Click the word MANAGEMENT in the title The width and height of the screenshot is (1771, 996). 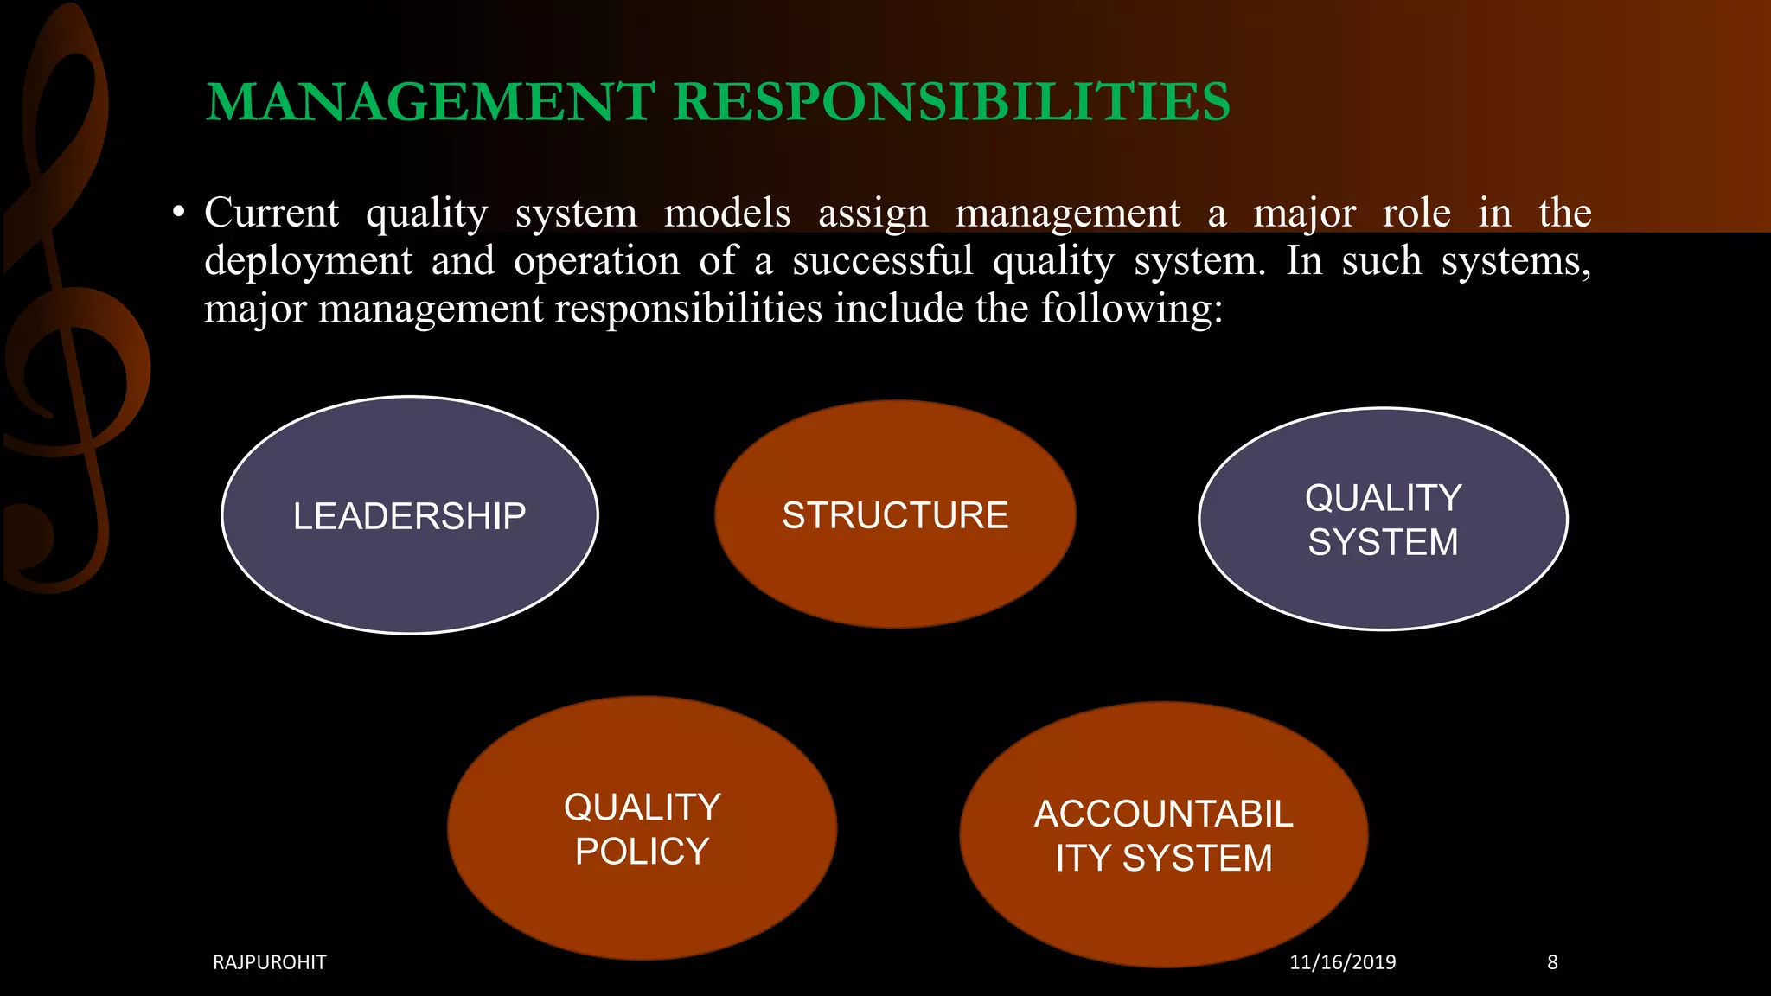coord(431,102)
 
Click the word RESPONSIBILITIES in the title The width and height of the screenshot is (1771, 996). coord(951,102)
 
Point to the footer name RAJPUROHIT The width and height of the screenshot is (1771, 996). coord(270,962)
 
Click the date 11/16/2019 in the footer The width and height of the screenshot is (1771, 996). coord(1342,962)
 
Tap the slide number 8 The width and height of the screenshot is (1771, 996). coord(1552,962)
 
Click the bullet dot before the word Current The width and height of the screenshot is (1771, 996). coord(178,213)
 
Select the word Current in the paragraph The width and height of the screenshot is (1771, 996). coord(272,213)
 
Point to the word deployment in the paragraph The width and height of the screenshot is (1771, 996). coord(309,261)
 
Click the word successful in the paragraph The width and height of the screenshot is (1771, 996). coord(883,261)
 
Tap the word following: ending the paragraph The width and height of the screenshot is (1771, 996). coord(1132,309)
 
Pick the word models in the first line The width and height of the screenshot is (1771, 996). coord(727,213)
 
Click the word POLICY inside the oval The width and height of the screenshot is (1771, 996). coord(642,852)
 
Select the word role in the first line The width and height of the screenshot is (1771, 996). coord(1416,213)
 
